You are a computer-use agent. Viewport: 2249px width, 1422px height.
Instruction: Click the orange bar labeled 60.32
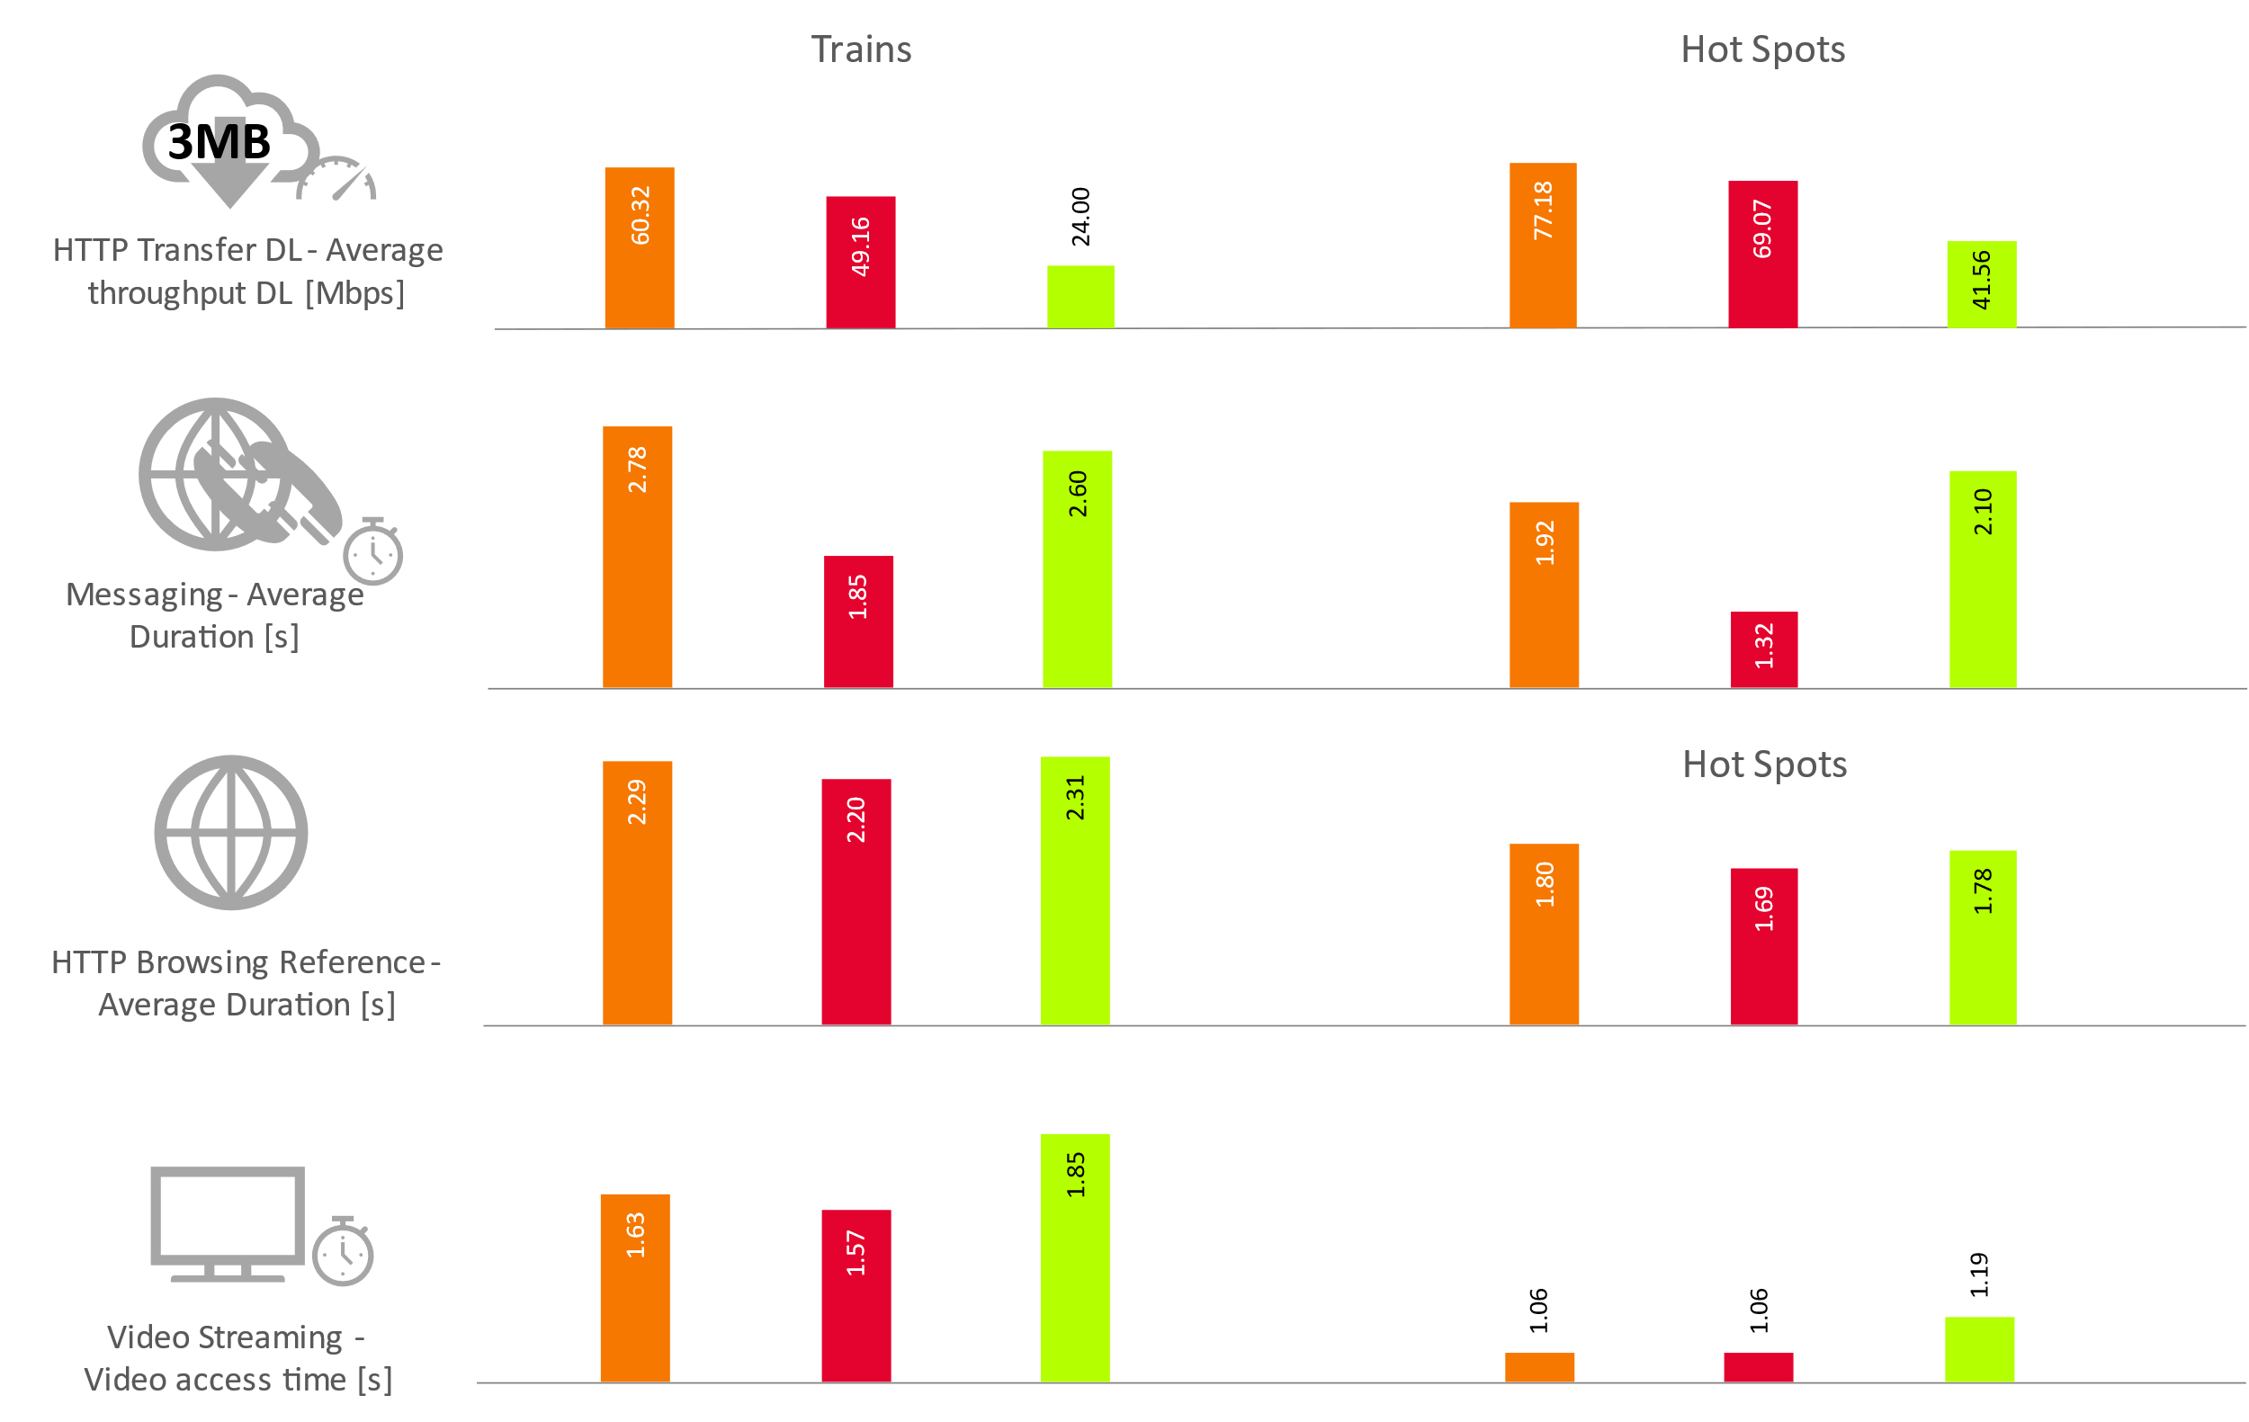pyautogui.click(x=639, y=247)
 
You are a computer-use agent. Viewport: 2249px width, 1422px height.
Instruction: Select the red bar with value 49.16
pyautogui.click(x=860, y=262)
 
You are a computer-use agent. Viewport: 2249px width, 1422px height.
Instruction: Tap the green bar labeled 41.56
pyautogui.click(x=1981, y=284)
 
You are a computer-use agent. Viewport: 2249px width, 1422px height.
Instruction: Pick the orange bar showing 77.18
pyautogui.click(x=1543, y=245)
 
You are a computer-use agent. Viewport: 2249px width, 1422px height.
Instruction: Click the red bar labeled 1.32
pyautogui.click(x=1763, y=650)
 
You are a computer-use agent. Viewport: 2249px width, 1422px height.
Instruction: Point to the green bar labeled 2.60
pyautogui.click(x=1077, y=569)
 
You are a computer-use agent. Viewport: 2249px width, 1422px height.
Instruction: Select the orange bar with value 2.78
pyautogui.click(x=637, y=558)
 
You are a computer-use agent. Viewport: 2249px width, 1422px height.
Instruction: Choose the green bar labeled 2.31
pyautogui.click(x=1074, y=890)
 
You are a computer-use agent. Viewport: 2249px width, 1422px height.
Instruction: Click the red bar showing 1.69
pyautogui.click(x=1763, y=946)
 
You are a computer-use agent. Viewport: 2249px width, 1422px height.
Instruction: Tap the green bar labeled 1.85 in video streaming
pyautogui.click(x=1074, y=1257)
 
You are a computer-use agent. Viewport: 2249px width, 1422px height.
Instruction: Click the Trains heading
pyautogui.click(x=860, y=49)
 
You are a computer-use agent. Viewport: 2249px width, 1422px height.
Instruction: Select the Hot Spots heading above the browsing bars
pyautogui.click(x=1763, y=765)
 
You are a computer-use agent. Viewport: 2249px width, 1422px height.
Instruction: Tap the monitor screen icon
pyautogui.click(x=227, y=1216)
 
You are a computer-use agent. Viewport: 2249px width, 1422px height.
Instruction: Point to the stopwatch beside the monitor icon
pyautogui.click(x=343, y=1253)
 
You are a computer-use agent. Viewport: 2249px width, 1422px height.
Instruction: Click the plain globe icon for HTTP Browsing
pyautogui.click(x=230, y=832)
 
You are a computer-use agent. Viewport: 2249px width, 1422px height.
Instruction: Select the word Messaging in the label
pyautogui.click(x=144, y=595)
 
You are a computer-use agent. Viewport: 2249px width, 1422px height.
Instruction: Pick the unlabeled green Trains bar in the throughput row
pyautogui.click(x=1080, y=297)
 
